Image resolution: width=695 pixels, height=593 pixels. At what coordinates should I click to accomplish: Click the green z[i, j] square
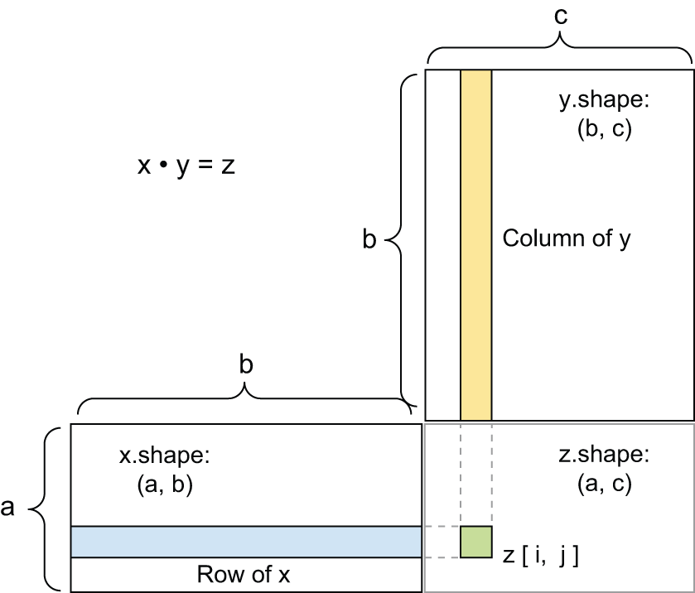[x=476, y=542]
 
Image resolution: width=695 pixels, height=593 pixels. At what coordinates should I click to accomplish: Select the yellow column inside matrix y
[x=476, y=245]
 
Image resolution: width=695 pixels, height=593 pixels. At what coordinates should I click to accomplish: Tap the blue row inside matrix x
[x=245, y=542]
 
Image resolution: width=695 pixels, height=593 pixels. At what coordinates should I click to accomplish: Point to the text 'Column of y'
[x=567, y=239]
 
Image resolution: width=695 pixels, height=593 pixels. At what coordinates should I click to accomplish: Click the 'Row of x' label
[x=244, y=575]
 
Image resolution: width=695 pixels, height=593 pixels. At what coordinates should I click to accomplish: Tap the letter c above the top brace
[x=560, y=14]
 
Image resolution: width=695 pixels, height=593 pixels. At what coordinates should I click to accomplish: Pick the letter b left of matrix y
[x=369, y=241]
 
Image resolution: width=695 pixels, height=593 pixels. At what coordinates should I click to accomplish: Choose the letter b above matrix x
[x=245, y=364]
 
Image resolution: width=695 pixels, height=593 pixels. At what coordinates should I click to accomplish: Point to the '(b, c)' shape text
[x=605, y=130]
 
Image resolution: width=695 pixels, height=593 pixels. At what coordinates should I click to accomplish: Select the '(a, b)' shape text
[x=164, y=485]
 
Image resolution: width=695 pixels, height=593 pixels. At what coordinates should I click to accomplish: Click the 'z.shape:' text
[x=603, y=455]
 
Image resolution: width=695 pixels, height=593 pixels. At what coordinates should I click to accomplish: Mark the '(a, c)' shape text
[x=603, y=485]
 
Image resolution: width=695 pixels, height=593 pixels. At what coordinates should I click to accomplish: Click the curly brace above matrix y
[x=560, y=50]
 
